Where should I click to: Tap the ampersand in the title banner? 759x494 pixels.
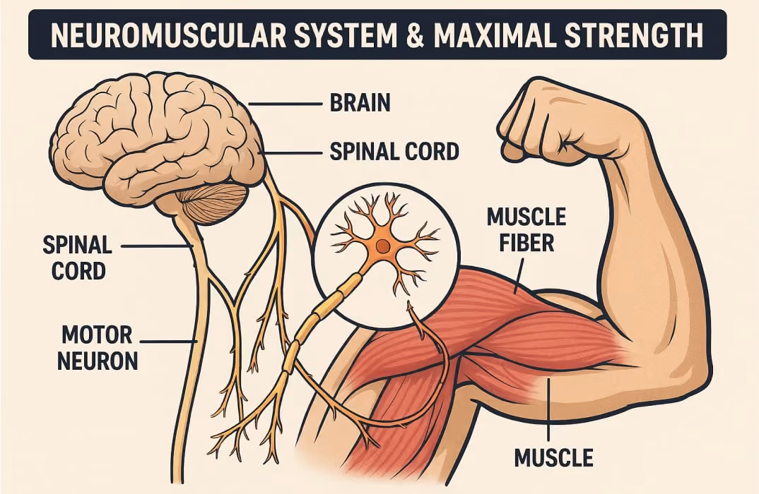pyautogui.click(x=415, y=35)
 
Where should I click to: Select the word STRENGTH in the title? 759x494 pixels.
pyautogui.click(x=634, y=35)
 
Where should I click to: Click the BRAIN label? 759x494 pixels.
pyautogui.click(x=360, y=103)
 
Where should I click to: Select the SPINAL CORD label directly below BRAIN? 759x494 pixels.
pyautogui.click(x=394, y=151)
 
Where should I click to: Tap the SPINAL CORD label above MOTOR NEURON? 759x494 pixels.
pyautogui.click(x=78, y=258)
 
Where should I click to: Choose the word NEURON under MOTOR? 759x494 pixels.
pyautogui.click(x=98, y=361)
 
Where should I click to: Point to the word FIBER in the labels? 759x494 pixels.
pyautogui.click(x=526, y=243)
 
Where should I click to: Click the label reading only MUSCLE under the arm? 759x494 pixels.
pyautogui.click(x=554, y=457)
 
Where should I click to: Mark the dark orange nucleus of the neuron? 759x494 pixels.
pyautogui.click(x=383, y=246)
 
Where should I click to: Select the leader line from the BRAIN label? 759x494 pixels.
pyautogui.click(x=286, y=104)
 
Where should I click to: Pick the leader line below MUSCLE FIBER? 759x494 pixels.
pyautogui.click(x=519, y=276)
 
